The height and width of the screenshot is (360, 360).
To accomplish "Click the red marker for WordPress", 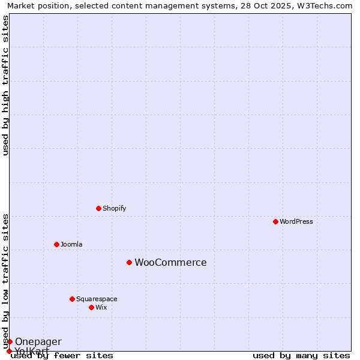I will tap(275, 221).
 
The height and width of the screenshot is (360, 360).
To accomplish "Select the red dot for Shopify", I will tap(98, 208).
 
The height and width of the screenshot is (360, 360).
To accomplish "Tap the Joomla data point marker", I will tap(56, 244).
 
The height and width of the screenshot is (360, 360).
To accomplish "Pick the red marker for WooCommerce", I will tap(129, 262).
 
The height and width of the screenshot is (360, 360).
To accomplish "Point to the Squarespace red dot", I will tap(72, 299).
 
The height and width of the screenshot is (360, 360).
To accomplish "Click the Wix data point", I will tap(91, 307).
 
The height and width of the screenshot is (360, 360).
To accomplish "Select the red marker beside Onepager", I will tap(10, 341).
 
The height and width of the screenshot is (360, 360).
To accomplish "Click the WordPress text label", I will tap(296, 221).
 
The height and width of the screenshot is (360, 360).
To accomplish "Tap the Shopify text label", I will tap(114, 208).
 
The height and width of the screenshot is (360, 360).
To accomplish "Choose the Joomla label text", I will tap(71, 244).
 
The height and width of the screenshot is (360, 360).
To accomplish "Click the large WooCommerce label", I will tap(170, 262).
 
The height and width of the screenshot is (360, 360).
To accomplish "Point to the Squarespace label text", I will tap(97, 299).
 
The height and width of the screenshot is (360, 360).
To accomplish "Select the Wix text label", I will tap(101, 307).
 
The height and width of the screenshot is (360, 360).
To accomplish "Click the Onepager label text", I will tap(38, 341).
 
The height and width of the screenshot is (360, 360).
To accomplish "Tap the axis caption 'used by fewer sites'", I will tap(62, 355).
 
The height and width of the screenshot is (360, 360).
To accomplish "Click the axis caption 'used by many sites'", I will tap(301, 355).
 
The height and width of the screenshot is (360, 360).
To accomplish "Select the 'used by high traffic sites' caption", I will tap(6, 85).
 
